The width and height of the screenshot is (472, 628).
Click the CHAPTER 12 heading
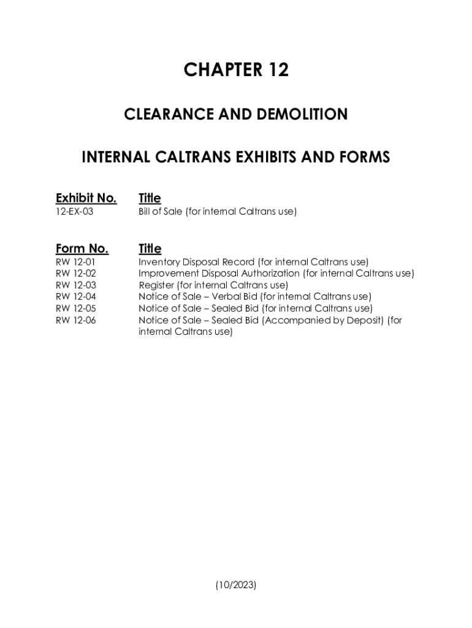pyautogui.click(x=236, y=71)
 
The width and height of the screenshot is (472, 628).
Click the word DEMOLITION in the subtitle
pyautogui.click(x=301, y=114)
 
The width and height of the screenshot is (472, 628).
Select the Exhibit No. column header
pyautogui.click(x=86, y=198)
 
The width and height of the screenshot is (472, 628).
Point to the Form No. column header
pyautogui.click(x=82, y=248)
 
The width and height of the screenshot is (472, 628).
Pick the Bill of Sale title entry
pyautogui.click(x=218, y=212)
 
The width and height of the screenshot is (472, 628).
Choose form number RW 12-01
pyautogui.click(x=75, y=262)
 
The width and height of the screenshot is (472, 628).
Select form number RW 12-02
pyautogui.click(x=75, y=274)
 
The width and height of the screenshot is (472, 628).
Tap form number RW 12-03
pyautogui.click(x=75, y=285)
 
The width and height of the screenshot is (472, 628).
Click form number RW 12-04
pyautogui.click(x=75, y=297)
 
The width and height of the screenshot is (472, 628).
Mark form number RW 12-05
pyautogui.click(x=75, y=308)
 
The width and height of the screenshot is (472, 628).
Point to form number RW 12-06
pyautogui.click(x=75, y=320)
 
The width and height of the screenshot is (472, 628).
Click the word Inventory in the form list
pyautogui.click(x=158, y=262)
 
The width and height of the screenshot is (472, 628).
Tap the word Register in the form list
pyautogui.click(x=156, y=285)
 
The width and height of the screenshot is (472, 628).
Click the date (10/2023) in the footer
pyautogui.click(x=236, y=585)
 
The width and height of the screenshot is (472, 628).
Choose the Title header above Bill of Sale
pyautogui.click(x=150, y=198)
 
